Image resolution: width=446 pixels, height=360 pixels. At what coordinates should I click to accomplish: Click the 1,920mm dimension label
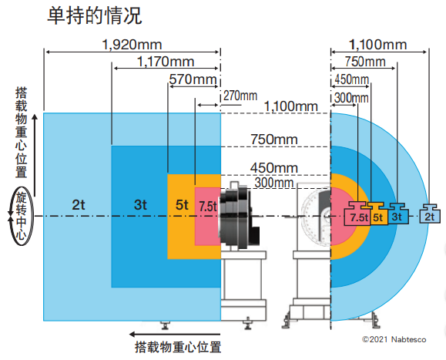[132, 45]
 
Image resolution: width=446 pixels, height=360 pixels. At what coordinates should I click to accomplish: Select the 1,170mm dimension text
[166, 62]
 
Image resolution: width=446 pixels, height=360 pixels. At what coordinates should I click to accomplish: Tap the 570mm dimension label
[193, 79]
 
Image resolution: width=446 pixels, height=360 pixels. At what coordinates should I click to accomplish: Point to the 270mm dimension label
[240, 96]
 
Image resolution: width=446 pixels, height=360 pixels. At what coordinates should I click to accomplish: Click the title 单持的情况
[95, 15]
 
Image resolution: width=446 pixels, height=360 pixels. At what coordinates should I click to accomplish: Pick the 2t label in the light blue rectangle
[79, 204]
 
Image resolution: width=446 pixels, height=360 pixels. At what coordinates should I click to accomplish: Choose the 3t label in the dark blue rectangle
[140, 204]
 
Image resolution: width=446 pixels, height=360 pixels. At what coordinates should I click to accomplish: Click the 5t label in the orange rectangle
[182, 204]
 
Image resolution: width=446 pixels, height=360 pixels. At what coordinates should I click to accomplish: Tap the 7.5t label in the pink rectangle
[208, 207]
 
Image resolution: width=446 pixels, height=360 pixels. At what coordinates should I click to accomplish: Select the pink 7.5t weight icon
[357, 214]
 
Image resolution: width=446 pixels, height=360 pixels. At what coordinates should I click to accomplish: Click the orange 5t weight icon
[377, 214]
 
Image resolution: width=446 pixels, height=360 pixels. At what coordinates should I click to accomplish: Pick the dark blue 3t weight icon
[397, 214]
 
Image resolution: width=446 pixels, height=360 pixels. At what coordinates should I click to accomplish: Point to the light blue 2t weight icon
[430, 214]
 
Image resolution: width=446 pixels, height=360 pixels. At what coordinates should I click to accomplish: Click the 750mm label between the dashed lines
[274, 140]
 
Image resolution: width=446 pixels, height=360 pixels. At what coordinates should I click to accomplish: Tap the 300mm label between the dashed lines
[273, 183]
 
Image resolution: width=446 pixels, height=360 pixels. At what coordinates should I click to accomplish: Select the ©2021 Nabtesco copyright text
[394, 339]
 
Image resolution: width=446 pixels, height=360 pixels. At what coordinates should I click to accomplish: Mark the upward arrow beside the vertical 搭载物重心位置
[35, 156]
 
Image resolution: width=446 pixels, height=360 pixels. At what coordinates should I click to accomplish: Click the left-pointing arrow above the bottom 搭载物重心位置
[174, 334]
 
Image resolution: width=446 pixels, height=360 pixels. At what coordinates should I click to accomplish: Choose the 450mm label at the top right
[351, 79]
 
